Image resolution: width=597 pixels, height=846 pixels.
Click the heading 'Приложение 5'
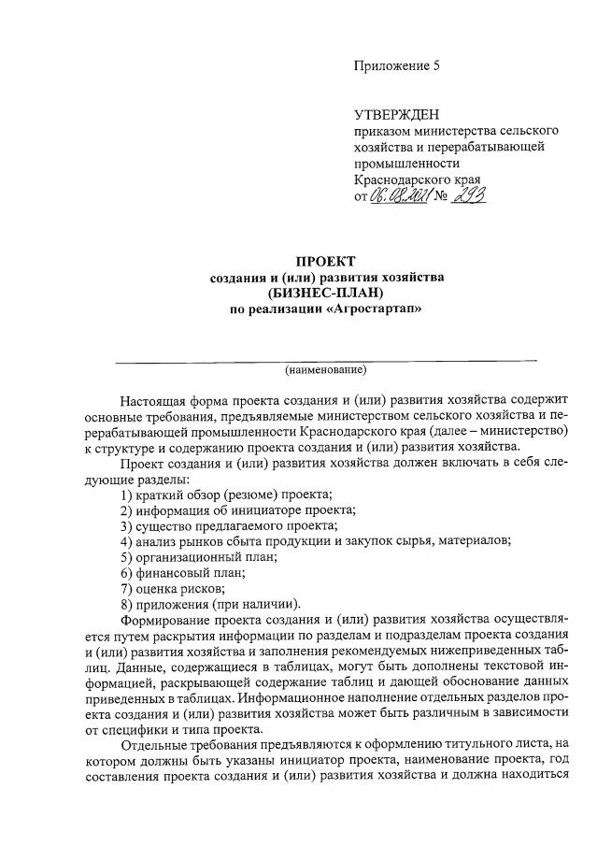[x=396, y=65]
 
